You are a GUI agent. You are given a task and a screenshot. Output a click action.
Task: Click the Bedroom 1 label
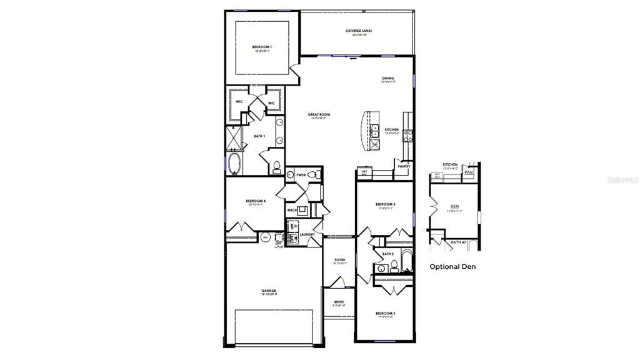(262, 47)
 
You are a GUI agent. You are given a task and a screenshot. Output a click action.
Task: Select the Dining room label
(388, 79)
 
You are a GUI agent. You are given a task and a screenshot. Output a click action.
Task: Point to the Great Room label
(319, 115)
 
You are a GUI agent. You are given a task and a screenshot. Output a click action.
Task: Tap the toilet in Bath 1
(276, 166)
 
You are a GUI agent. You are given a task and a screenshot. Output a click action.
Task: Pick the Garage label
(269, 291)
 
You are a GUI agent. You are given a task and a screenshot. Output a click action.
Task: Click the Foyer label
(339, 259)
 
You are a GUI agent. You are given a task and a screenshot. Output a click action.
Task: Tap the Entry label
(339, 302)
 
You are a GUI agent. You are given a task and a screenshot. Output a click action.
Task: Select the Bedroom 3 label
(384, 204)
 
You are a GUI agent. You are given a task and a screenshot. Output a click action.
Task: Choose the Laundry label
(307, 235)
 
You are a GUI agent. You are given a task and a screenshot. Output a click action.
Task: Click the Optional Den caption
(452, 266)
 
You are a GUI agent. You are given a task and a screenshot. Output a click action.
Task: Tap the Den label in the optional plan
(454, 207)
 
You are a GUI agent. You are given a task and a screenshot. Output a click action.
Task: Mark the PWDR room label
(301, 176)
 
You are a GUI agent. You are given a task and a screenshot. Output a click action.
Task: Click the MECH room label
(291, 210)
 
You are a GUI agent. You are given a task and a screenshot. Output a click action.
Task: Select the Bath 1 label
(259, 136)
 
